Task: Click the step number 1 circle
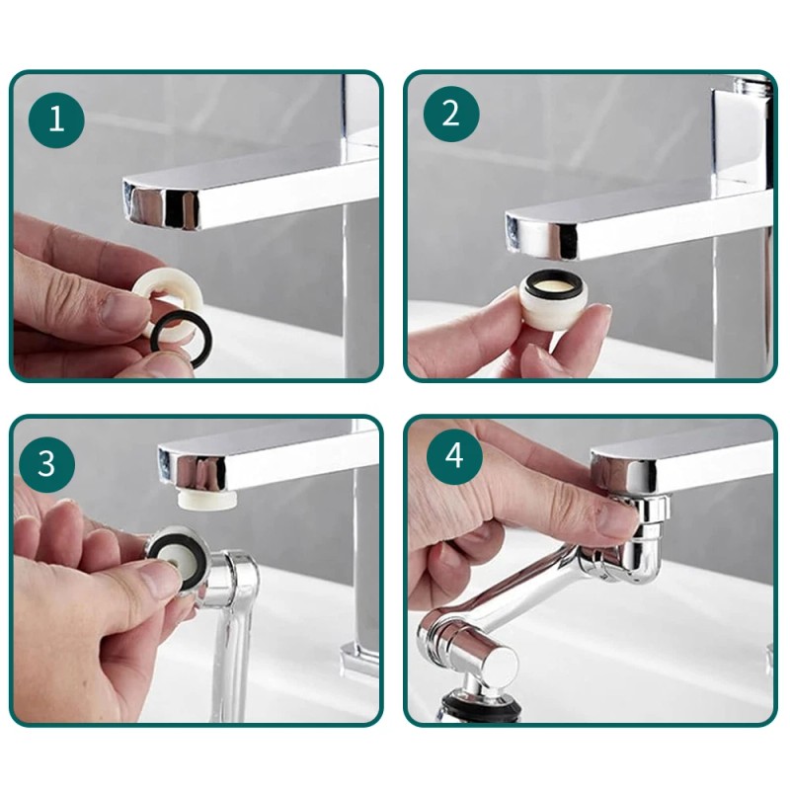point(56,119)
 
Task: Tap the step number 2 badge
point(451,114)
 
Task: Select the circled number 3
point(46,464)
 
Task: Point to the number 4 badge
point(454,457)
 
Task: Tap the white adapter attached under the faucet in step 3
point(206,501)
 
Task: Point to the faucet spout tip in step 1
point(161,206)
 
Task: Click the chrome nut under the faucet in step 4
point(643,508)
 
